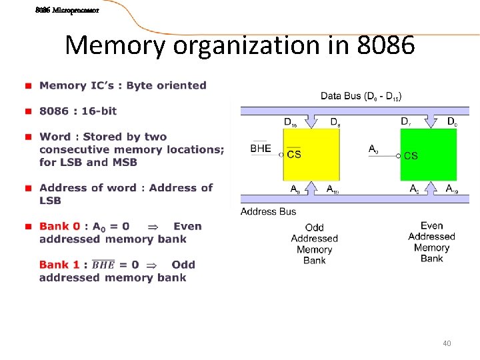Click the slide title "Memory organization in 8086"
pyautogui.click(x=240, y=45)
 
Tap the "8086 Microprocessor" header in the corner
pyautogui.click(x=67, y=11)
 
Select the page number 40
pyautogui.click(x=447, y=343)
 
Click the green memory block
pyautogui.click(x=428, y=154)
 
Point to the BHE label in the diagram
pyautogui.click(x=261, y=149)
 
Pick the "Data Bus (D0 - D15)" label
pyautogui.click(x=361, y=96)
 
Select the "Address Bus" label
pyautogui.click(x=268, y=211)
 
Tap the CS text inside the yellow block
pyautogui.click(x=294, y=155)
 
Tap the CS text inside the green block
pyautogui.click(x=411, y=155)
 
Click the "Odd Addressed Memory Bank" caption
pyautogui.click(x=314, y=244)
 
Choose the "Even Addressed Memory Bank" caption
pyautogui.click(x=431, y=242)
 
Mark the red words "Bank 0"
pyautogui.click(x=59, y=226)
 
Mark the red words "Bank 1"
pyautogui.click(x=59, y=265)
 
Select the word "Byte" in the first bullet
pyautogui.click(x=140, y=85)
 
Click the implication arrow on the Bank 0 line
pyautogui.click(x=151, y=227)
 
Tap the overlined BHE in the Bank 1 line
pyautogui.click(x=103, y=265)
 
